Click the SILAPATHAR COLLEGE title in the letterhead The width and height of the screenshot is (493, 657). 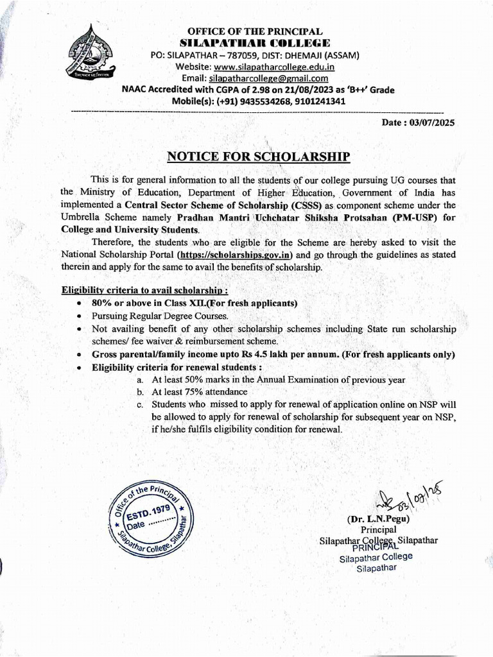click(256, 43)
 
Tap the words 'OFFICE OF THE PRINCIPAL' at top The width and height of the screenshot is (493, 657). click(255, 31)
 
